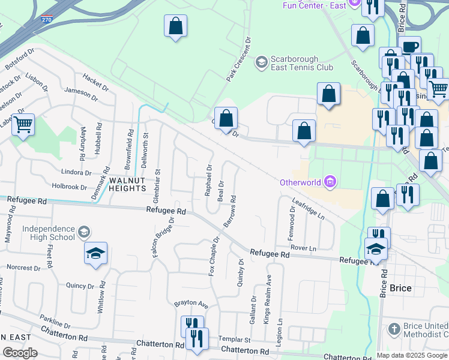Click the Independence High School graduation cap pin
tap(95, 254)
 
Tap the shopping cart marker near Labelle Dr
tap(23, 125)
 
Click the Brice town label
tap(400, 288)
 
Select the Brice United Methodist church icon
tap(393, 328)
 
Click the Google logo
tap(20, 353)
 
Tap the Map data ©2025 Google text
tap(412, 355)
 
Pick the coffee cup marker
tap(410, 47)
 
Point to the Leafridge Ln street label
tap(309, 209)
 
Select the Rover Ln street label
tap(303, 247)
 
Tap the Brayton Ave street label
tap(191, 305)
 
